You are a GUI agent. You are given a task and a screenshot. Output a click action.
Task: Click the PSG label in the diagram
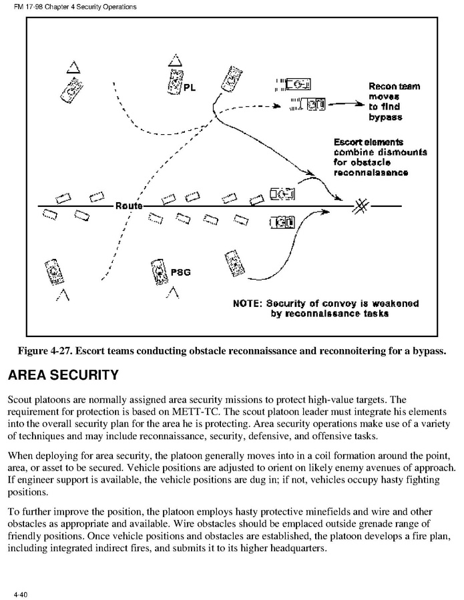pyautogui.click(x=180, y=272)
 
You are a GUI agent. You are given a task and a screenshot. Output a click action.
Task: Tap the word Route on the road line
pyautogui.click(x=128, y=206)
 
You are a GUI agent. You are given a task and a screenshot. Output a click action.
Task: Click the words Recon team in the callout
pyautogui.click(x=394, y=86)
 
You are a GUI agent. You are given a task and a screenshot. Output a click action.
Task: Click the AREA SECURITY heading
pyautogui.click(x=63, y=376)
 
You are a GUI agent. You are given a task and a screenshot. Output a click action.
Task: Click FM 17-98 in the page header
pyautogui.click(x=28, y=7)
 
